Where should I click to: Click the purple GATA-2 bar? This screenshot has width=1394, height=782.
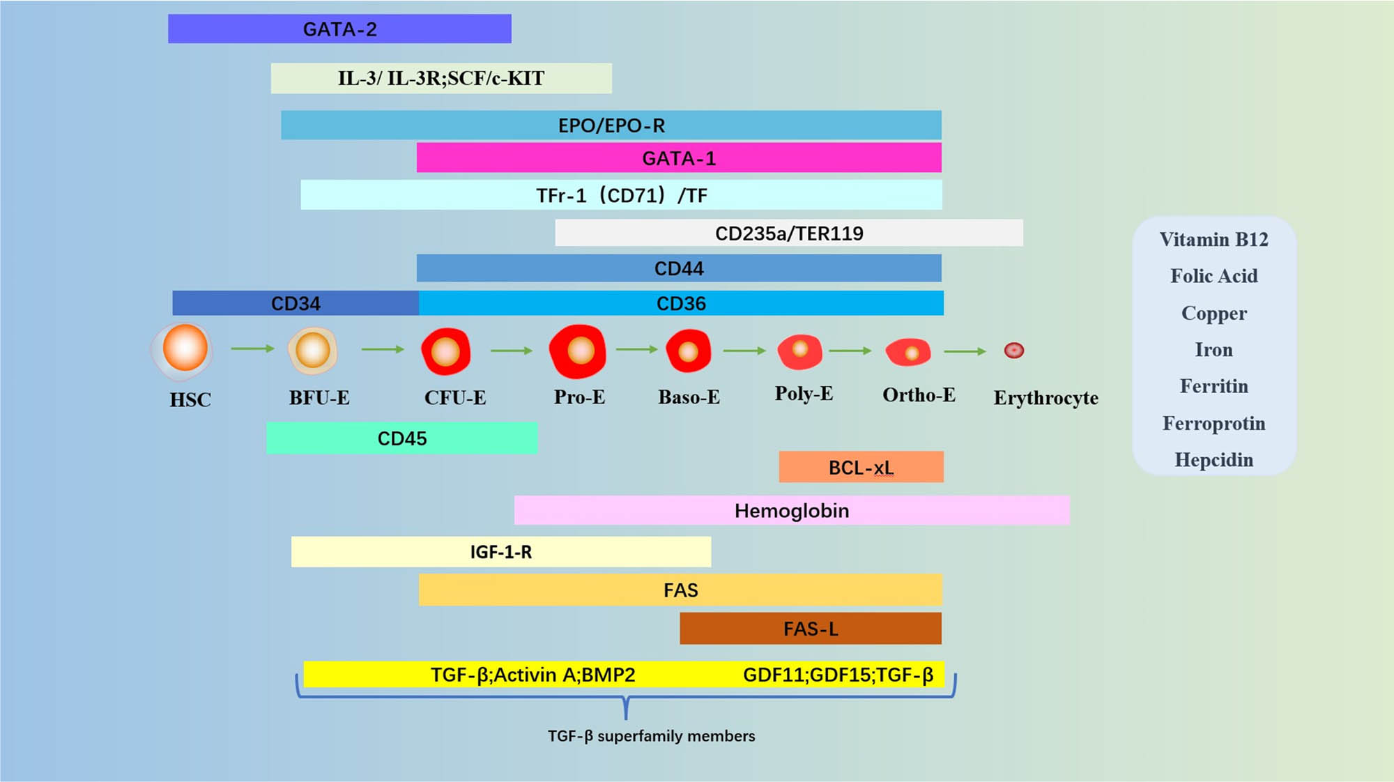click(339, 29)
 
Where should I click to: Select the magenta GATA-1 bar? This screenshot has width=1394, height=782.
click(679, 158)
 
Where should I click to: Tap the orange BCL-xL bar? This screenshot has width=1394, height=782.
click(861, 467)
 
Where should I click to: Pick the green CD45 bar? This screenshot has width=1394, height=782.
click(401, 438)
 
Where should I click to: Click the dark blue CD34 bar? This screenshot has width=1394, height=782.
click(296, 303)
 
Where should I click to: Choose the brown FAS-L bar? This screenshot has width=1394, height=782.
click(811, 628)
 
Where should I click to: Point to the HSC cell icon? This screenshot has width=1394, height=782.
click(184, 349)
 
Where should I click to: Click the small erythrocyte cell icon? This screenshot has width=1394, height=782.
click(1013, 351)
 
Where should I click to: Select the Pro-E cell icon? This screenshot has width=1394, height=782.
click(578, 351)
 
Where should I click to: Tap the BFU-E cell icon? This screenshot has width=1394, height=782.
click(313, 351)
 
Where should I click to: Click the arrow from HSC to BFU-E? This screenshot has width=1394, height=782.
click(252, 348)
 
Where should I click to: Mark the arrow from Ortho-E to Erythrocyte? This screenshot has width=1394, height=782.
click(965, 351)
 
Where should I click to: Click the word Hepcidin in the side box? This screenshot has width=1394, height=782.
click(1213, 460)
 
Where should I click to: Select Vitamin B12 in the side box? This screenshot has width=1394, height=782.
click(1213, 240)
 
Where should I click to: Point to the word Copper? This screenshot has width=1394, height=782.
click(1213, 314)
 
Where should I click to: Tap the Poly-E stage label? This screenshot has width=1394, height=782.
click(804, 394)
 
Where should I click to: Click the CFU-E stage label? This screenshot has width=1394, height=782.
click(455, 398)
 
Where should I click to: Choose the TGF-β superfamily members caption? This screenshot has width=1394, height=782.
click(651, 736)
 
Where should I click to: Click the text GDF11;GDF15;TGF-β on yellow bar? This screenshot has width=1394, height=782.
click(838, 675)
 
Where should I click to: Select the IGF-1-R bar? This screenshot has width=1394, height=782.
click(500, 552)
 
